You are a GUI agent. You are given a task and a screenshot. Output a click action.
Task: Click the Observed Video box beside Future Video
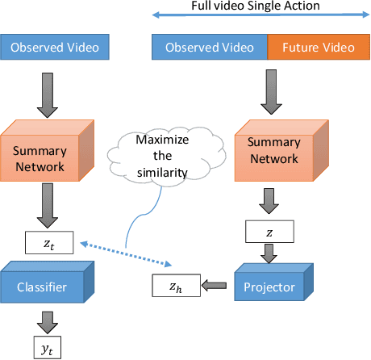[210, 48]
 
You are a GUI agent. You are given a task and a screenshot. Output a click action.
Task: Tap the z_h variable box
[175, 284]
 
